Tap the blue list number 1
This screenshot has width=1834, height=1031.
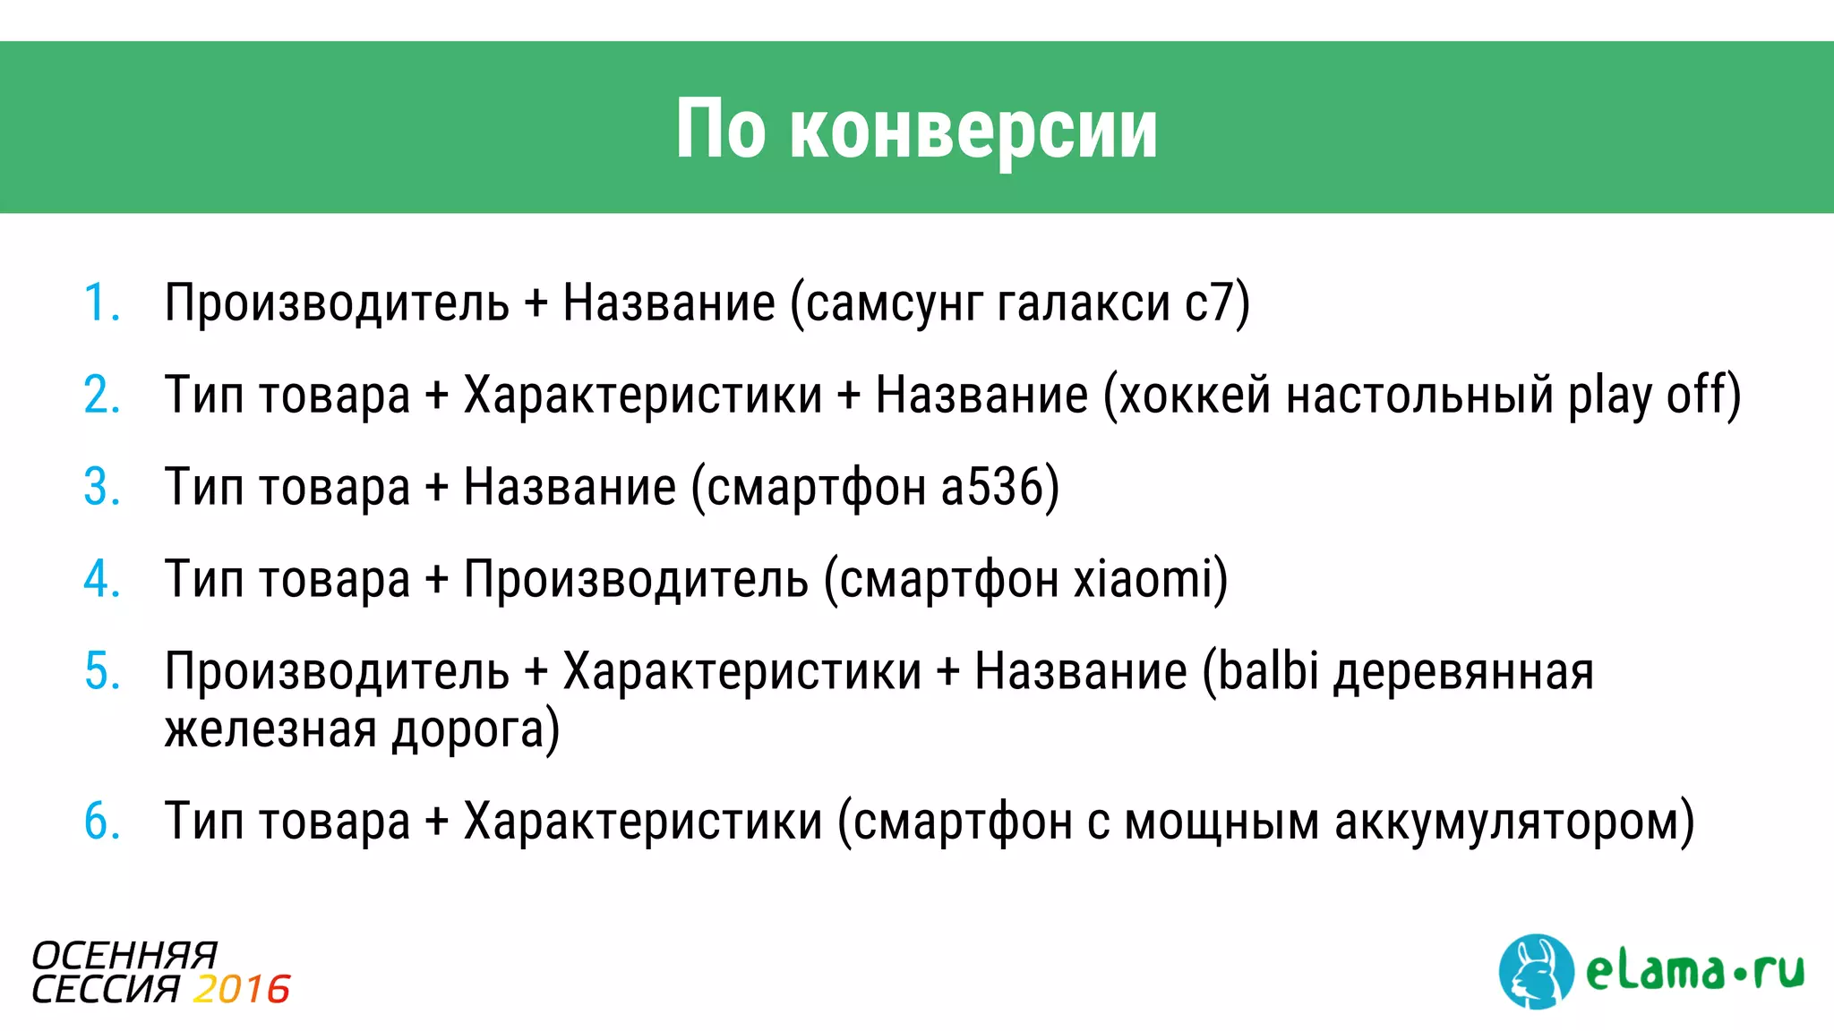pyautogui.click(x=100, y=303)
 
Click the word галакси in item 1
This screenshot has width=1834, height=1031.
pyautogui.click(x=1083, y=303)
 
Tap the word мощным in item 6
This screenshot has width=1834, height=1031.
pyautogui.click(x=1221, y=822)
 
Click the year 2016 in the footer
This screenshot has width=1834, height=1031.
pyautogui.click(x=242, y=990)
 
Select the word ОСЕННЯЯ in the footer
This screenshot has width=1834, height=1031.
pyautogui.click(x=124, y=956)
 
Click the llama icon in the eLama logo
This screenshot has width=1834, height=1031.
pyautogui.click(x=1535, y=972)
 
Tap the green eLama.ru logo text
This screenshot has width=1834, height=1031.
pyautogui.click(x=1694, y=971)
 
